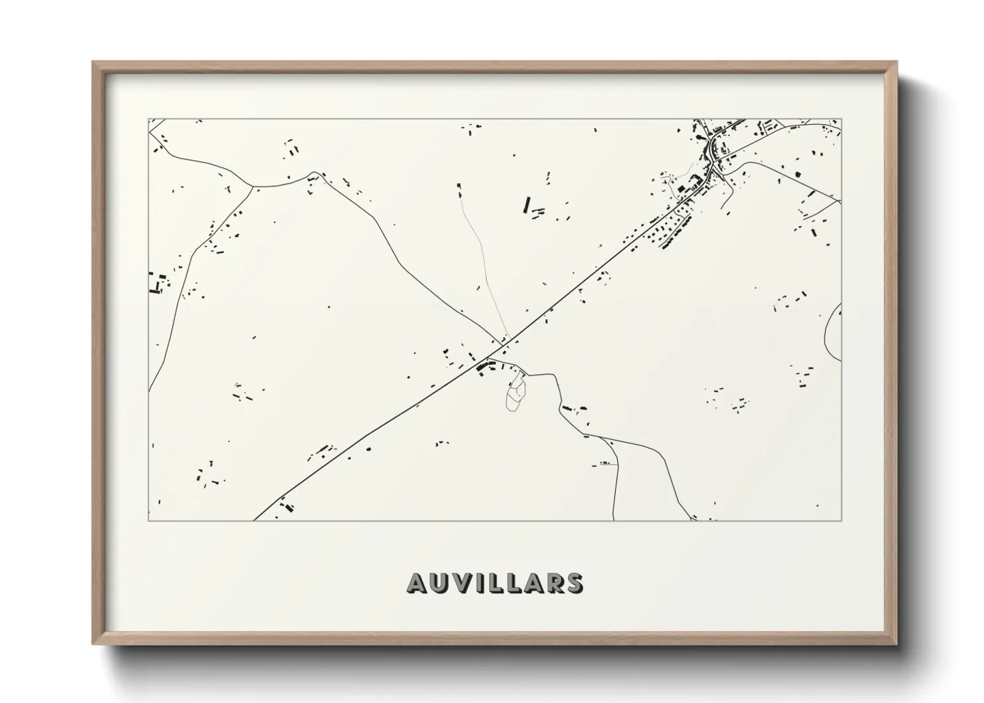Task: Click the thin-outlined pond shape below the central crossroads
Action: (516, 394)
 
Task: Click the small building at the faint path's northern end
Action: (459, 191)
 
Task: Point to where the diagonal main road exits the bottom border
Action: (255, 520)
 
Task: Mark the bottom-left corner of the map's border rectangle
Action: (148, 520)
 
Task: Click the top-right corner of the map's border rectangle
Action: (841, 119)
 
